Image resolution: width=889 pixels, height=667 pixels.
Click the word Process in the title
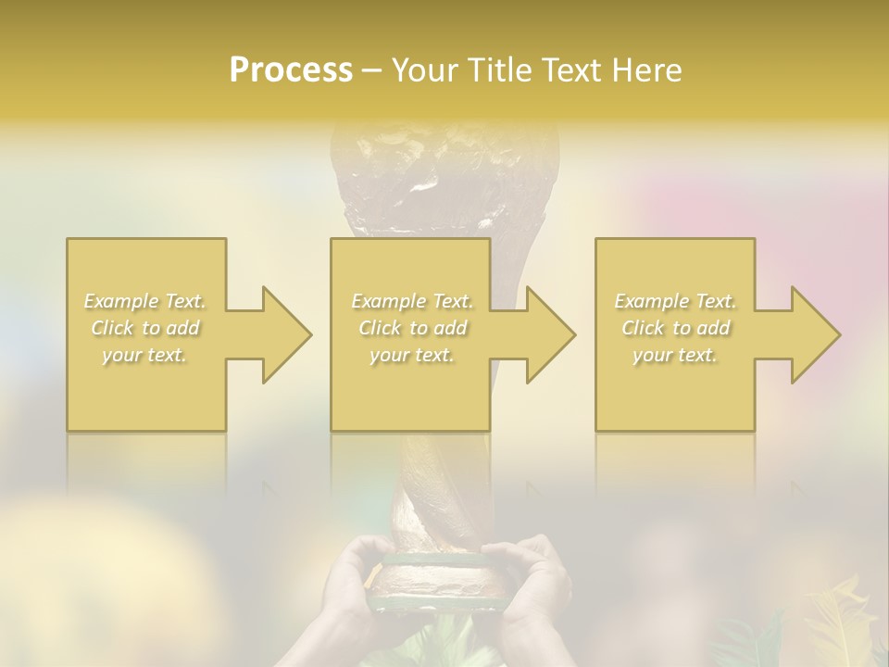(291, 70)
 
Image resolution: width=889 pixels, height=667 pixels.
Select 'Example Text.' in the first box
(144, 301)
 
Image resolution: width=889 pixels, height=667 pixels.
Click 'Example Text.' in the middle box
(411, 301)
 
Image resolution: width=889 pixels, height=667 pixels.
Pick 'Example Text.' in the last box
(674, 301)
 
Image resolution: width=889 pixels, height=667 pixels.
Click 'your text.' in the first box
(144, 355)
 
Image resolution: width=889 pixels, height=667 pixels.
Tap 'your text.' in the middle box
(411, 355)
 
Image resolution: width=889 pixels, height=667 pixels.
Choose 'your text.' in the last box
(674, 355)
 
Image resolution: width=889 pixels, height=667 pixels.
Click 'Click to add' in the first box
(144, 328)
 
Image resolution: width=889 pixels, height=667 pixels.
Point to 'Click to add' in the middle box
(411, 328)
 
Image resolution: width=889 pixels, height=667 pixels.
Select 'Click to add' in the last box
(674, 328)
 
